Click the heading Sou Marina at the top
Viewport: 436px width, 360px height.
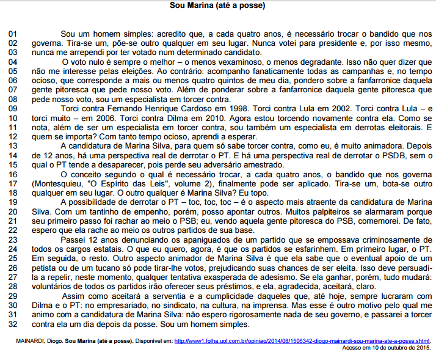[217, 6]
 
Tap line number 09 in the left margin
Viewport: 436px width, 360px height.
[13, 108]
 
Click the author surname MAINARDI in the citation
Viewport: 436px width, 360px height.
[27, 340]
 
